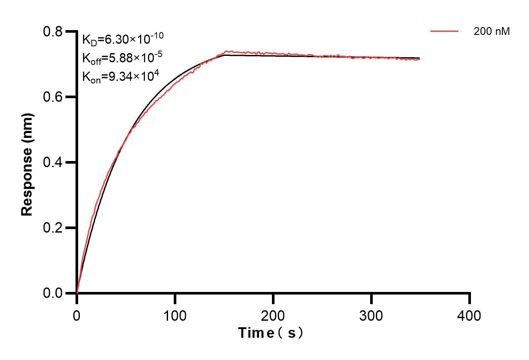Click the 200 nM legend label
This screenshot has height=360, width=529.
pyautogui.click(x=492, y=31)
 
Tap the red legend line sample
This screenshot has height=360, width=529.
pyautogui.click(x=444, y=31)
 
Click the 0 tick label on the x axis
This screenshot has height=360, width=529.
pyautogui.click(x=77, y=315)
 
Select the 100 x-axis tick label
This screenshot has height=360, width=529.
pyautogui.click(x=175, y=315)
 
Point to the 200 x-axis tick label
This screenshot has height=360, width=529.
pyautogui.click(x=273, y=315)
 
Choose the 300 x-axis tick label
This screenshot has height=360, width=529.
pyautogui.click(x=371, y=315)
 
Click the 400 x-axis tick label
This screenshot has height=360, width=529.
pyautogui.click(x=470, y=315)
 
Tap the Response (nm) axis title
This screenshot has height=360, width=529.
pyautogui.click(x=27, y=163)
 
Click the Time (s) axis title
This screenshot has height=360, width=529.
pyautogui.click(x=271, y=333)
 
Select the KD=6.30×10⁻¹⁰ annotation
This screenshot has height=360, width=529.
pyautogui.click(x=123, y=39)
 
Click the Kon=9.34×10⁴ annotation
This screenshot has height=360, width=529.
pyautogui.click(x=120, y=77)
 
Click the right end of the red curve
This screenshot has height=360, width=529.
pyautogui.click(x=419, y=59)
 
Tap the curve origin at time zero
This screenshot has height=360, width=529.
pyautogui.click(x=77, y=293)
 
